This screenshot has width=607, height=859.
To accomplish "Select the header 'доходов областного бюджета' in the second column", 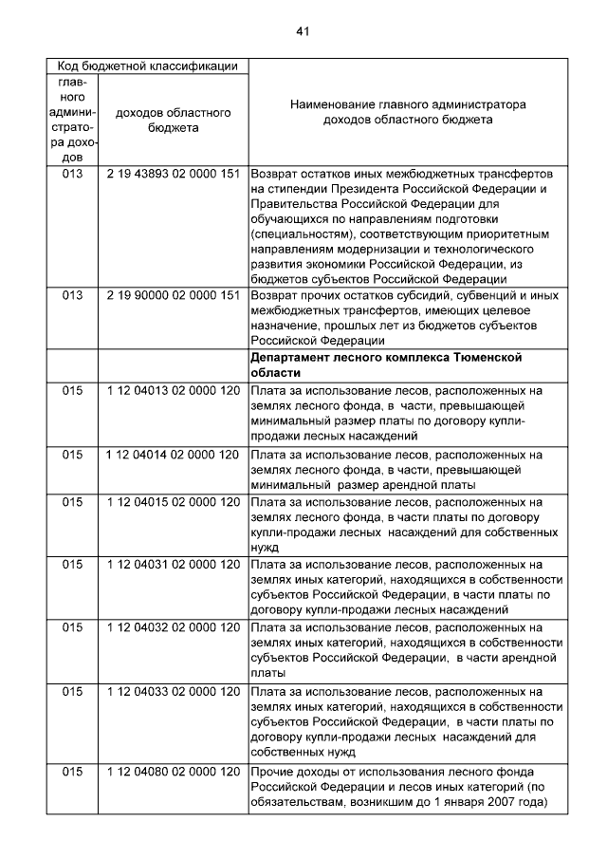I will tap(173, 120).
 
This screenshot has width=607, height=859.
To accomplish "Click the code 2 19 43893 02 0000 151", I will tap(173, 175).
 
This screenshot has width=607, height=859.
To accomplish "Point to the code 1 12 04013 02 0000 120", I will tap(173, 390).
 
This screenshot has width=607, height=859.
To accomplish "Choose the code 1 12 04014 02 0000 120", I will tap(173, 455).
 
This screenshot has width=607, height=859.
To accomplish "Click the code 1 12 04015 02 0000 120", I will tap(173, 501).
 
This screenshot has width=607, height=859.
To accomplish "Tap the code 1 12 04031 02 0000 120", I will tap(173, 564).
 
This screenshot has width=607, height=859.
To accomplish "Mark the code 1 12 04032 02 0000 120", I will tap(173, 626).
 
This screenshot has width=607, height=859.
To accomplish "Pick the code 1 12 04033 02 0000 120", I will tap(173, 690).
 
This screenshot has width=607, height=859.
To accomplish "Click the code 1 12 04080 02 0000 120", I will tap(173, 771).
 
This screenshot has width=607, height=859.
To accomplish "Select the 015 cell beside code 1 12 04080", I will tap(72, 771).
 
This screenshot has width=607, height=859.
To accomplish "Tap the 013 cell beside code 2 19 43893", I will tap(72, 175).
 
